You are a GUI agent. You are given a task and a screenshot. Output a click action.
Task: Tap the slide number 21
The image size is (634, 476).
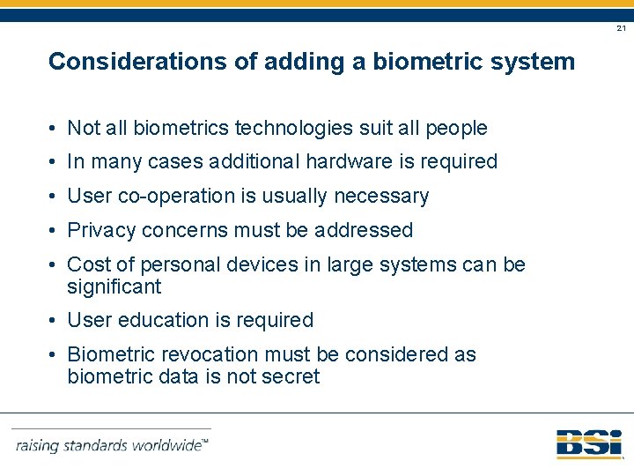click(621, 29)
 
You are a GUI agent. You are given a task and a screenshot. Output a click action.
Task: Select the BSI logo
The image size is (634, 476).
click(588, 443)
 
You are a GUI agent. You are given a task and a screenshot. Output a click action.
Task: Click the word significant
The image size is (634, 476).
click(114, 287)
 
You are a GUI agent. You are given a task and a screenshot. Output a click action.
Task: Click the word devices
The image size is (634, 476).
click(237, 265)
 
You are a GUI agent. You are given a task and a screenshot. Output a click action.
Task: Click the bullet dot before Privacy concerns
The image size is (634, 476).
click(55, 231)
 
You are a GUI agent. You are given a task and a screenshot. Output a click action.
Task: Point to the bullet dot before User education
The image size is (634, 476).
click(55, 321)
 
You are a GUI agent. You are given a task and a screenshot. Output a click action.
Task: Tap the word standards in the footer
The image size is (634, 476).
click(92, 445)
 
